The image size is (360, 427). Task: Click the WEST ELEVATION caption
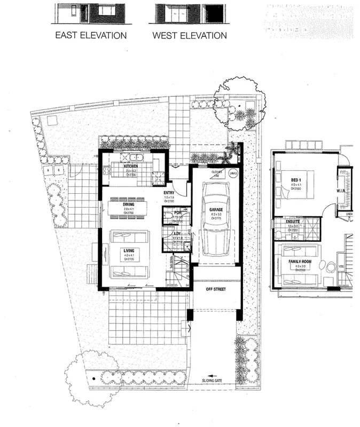189,36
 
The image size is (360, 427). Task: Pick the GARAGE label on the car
215,209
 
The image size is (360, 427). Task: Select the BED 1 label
295,179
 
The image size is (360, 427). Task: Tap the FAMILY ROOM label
300,262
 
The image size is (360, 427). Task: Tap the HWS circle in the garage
232,172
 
